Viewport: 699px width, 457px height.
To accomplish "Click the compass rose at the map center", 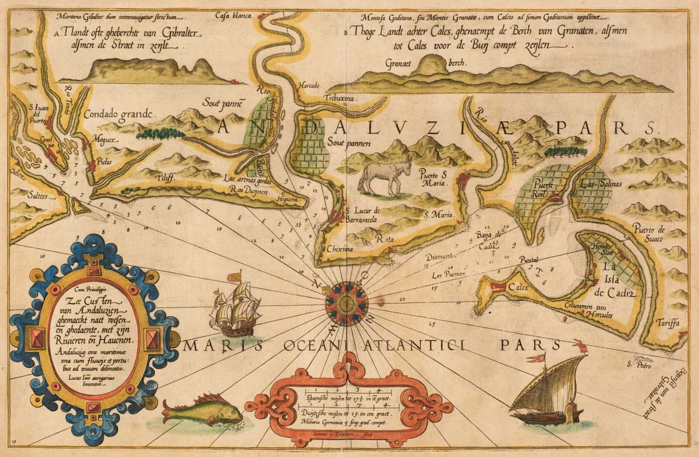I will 347,298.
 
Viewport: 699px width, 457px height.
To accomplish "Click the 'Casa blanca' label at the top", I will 233,16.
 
